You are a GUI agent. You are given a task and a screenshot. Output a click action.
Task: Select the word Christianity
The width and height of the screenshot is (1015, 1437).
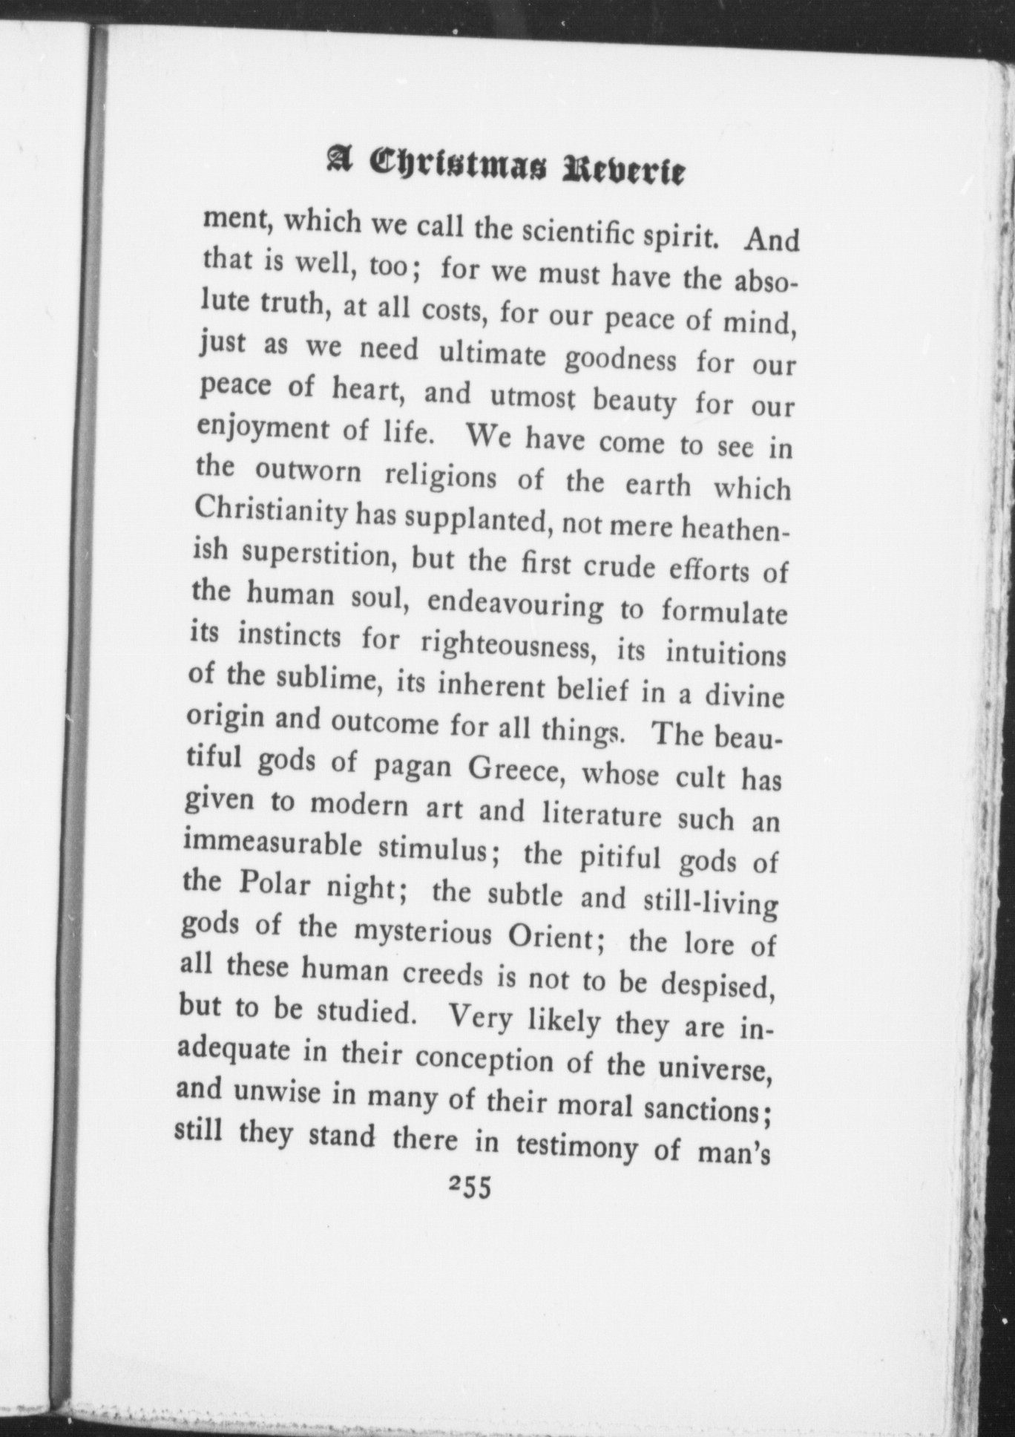click(x=270, y=513)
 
